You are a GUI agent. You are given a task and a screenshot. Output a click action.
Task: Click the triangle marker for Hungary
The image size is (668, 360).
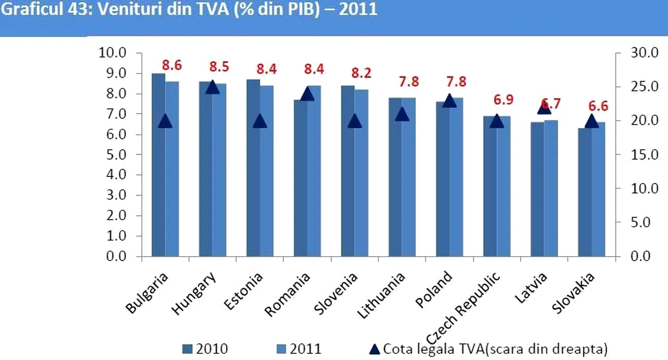pos(212,87)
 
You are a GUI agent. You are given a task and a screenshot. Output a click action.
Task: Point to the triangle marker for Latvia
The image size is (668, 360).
pos(544,107)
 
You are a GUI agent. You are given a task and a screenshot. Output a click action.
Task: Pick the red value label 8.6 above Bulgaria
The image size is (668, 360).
pos(172,66)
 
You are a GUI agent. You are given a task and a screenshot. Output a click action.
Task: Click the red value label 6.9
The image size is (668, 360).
pos(503,100)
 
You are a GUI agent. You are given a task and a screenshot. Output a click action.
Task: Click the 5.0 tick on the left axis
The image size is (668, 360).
pos(114,155)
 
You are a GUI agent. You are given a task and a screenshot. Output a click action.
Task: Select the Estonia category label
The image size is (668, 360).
pos(244,291)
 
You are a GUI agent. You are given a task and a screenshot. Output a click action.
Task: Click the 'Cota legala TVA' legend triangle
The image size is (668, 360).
pos(375,349)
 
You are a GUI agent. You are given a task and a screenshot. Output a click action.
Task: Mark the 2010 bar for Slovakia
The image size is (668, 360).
pos(584,193)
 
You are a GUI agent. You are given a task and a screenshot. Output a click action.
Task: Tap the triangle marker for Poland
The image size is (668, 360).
pos(449,101)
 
